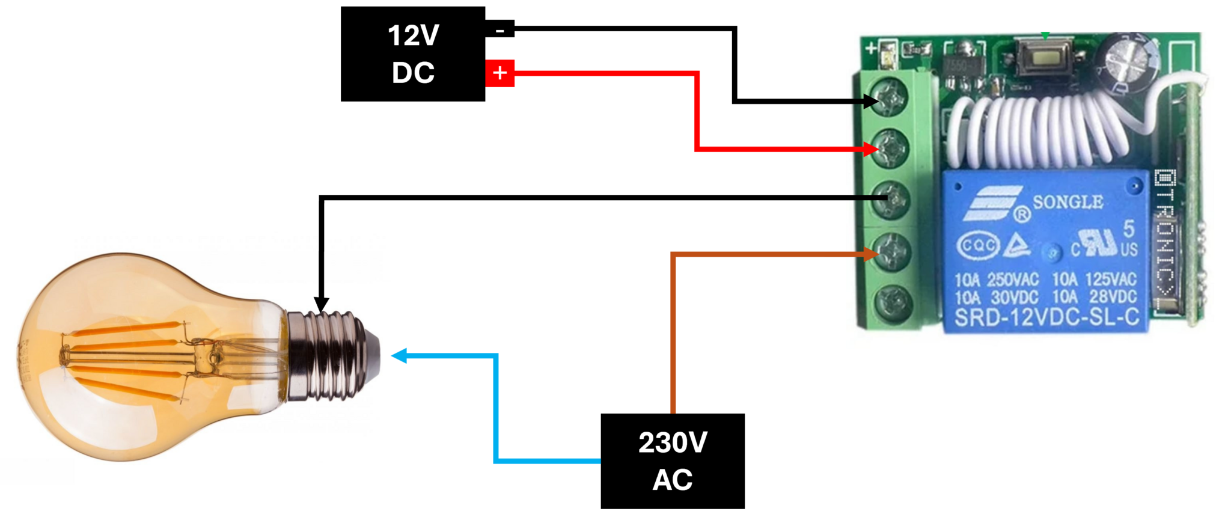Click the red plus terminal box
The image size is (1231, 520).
click(x=500, y=73)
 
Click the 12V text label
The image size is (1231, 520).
click(x=414, y=35)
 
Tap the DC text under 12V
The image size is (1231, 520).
click(x=413, y=73)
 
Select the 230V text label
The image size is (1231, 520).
click(x=673, y=443)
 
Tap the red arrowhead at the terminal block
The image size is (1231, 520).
click(x=871, y=148)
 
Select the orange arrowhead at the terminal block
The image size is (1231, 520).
click(x=871, y=254)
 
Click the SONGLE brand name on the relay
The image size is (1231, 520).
click(x=1068, y=202)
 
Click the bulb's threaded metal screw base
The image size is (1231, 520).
click(x=331, y=355)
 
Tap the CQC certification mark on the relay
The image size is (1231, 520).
click(x=979, y=246)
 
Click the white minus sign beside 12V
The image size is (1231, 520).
click(x=500, y=31)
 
